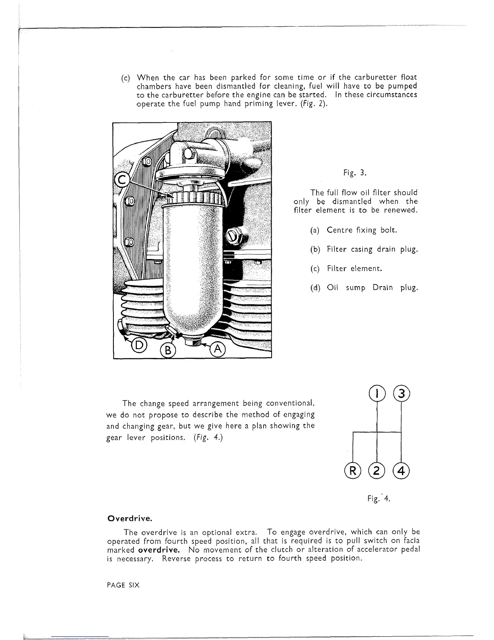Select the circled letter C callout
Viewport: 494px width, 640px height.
click(122, 179)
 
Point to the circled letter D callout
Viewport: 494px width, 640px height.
click(138, 345)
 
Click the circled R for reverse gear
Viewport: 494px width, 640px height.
click(352, 471)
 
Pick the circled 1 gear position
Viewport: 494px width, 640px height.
click(376, 393)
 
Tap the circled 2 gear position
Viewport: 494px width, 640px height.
click(377, 471)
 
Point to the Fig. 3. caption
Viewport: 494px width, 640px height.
click(355, 173)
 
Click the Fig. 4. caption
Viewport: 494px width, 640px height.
click(379, 499)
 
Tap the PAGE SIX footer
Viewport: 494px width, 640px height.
click(123, 585)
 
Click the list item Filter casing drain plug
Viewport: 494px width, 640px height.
click(364, 249)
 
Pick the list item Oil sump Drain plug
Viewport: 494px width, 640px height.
click(364, 288)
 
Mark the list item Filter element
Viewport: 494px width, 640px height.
click(346, 269)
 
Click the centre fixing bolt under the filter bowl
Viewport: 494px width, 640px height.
click(192, 342)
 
